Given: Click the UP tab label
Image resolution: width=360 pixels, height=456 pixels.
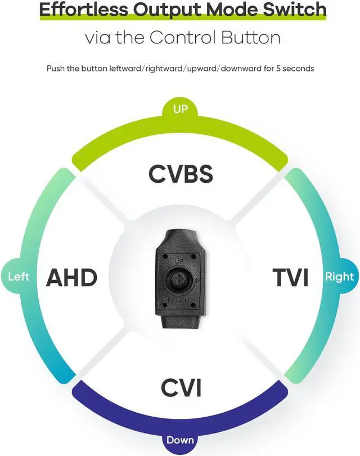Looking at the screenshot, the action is click(x=180, y=109).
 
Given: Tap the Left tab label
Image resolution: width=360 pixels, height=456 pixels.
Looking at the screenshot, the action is click(x=19, y=277).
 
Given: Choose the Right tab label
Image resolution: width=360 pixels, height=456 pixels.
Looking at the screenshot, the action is click(x=340, y=277).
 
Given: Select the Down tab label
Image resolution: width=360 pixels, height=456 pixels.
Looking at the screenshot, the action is click(x=180, y=440).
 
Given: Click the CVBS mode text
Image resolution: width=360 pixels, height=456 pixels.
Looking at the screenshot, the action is click(x=181, y=174).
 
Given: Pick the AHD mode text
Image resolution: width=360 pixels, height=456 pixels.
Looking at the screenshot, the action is click(x=71, y=277).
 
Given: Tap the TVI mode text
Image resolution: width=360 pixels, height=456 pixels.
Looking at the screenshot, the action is click(x=291, y=277).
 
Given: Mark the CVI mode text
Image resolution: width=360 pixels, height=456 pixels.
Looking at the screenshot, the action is click(x=181, y=388).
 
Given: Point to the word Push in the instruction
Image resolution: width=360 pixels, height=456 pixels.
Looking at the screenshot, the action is click(x=56, y=69).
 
